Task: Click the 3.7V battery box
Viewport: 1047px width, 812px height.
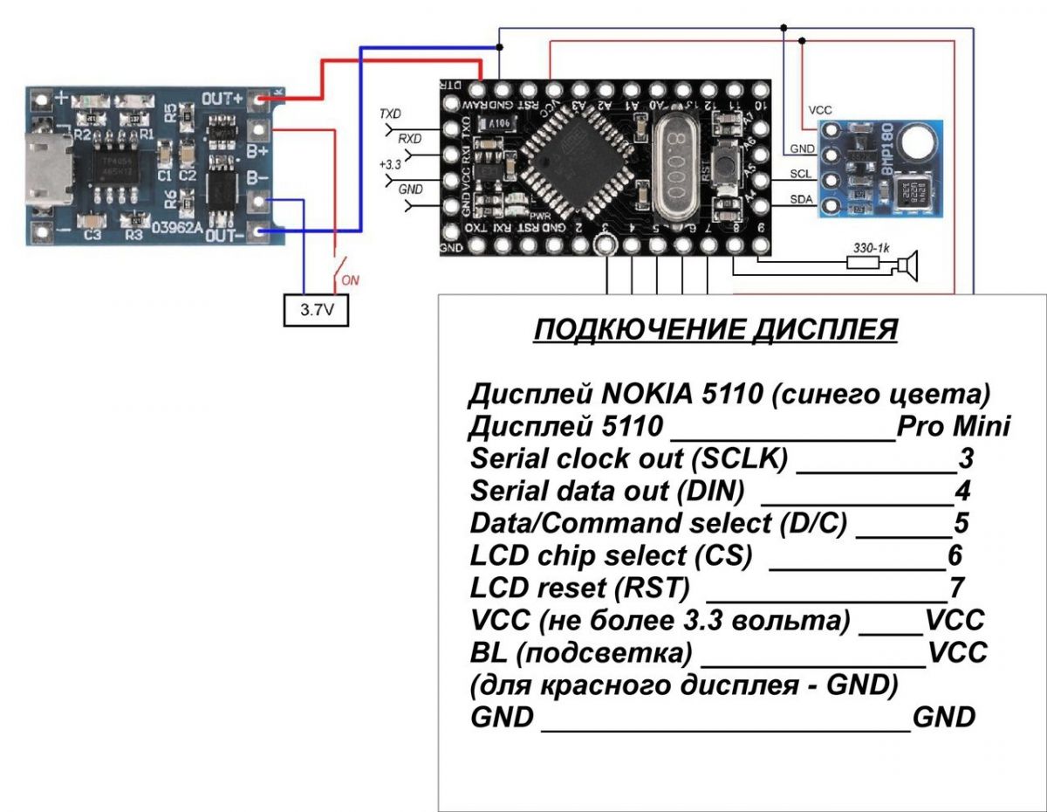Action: pyautogui.click(x=316, y=310)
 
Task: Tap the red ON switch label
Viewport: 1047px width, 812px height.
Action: pyautogui.click(x=350, y=280)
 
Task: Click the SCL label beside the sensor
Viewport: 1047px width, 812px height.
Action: pyautogui.click(x=801, y=173)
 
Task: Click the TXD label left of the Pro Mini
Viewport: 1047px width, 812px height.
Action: pyautogui.click(x=389, y=114)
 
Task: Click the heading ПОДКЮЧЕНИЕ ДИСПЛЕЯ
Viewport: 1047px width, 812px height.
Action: pyautogui.click(x=715, y=330)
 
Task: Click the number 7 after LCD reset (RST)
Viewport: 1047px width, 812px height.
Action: pyautogui.click(x=957, y=588)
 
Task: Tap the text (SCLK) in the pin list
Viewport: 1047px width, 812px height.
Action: pyautogui.click(x=747, y=459)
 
